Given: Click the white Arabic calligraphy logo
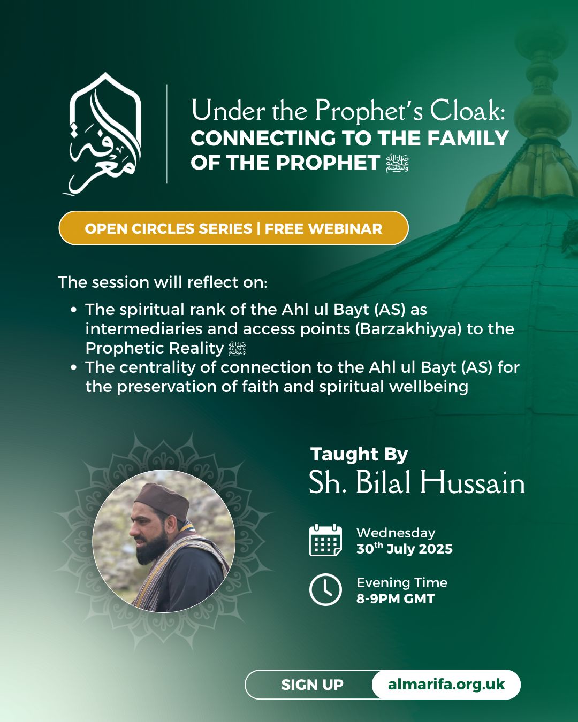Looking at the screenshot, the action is (x=105, y=134).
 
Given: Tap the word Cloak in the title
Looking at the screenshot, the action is (x=468, y=110).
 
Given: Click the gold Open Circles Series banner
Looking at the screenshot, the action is (x=233, y=228).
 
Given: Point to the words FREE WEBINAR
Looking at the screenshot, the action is (x=323, y=228).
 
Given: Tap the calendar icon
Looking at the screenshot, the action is (x=325, y=540).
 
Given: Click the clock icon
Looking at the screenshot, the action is (x=325, y=589).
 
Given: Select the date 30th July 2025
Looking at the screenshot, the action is (x=405, y=549).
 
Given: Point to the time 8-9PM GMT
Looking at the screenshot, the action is (x=396, y=598).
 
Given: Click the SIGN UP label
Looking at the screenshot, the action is (x=313, y=685).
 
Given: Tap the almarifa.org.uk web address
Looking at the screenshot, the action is (x=446, y=685).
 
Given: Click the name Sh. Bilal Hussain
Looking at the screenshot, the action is (x=417, y=482).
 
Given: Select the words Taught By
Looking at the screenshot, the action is (x=359, y=455).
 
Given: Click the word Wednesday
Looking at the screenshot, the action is (x=396, y=533).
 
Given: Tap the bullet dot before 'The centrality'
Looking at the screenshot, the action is (x=74, y=367).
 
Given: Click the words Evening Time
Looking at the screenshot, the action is (x=402, y=583).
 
